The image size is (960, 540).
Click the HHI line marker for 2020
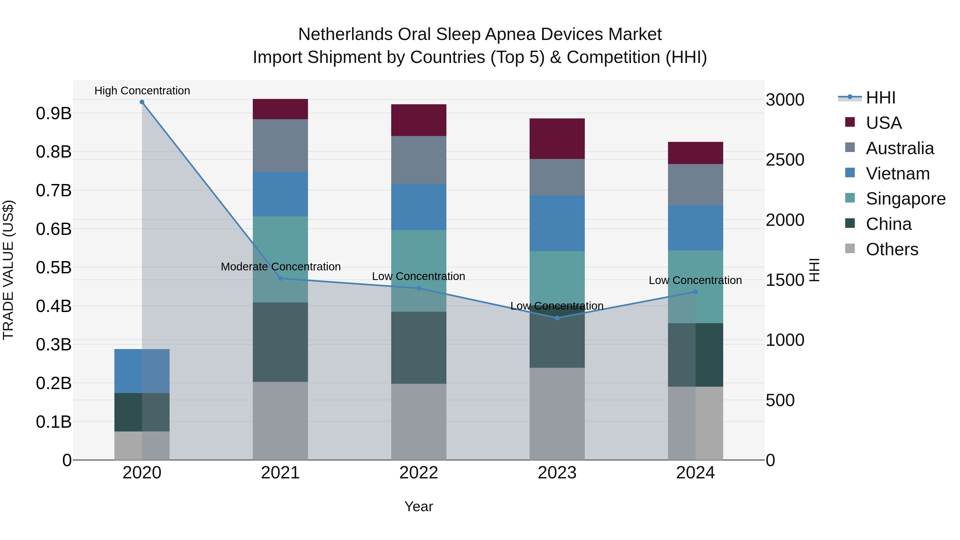[x=142, y=102]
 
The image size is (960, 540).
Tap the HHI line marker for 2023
[x=557, y=318]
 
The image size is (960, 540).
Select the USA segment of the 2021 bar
[x=280, y=109]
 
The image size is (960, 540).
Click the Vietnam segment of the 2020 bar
[x=142, y=371]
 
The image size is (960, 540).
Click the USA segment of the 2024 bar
[x=695, y=153]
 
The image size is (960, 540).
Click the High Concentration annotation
[x=142, y=91]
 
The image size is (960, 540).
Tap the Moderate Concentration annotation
[x=281, y=266]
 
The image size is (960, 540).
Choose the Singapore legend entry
[x=905, y=199]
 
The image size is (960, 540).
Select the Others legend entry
[x=892, y=249]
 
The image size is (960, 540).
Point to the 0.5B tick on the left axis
[x=54, y=267]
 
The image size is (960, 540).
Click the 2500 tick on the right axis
[x=785, y=160]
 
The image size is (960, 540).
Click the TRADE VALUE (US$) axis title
[x=9, y=270]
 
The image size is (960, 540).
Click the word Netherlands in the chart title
[x=345, y=34]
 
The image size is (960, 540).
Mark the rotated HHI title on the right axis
[x=815, y=270]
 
